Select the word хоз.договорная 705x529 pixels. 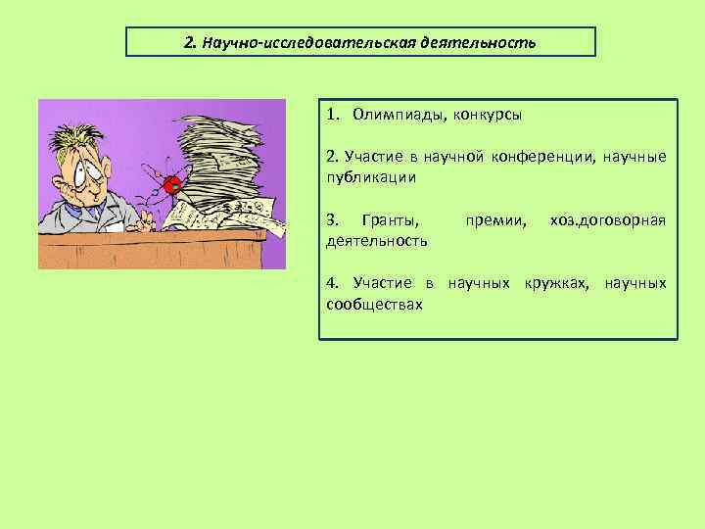[608, 219]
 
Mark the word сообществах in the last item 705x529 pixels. [374, 304]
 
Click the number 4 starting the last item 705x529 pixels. [330, 283]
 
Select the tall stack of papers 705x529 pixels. [221, 157]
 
